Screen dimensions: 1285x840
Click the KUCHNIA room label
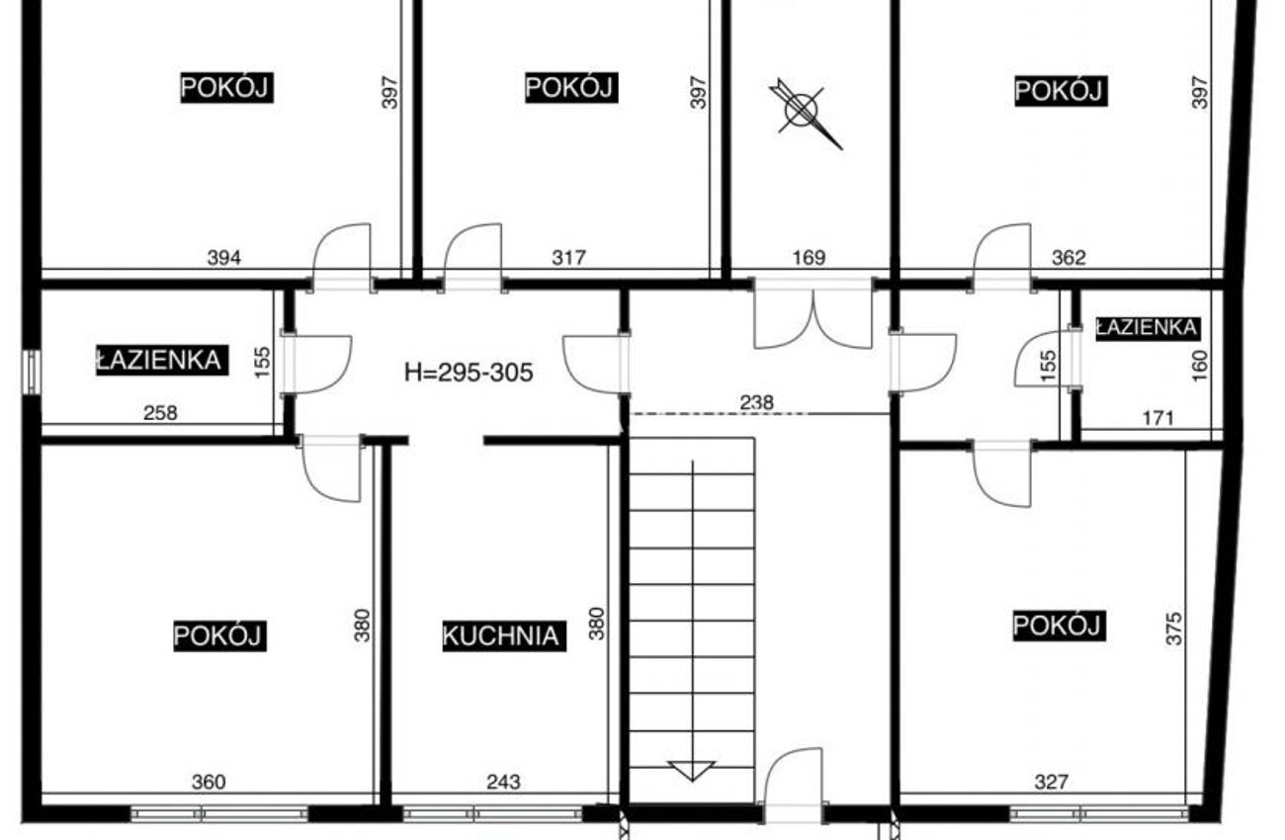coord(504,635)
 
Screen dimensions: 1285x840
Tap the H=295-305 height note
coord(469,373)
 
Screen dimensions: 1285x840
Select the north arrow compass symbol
coord(805,113)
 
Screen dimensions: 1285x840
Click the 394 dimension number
coord(223,258)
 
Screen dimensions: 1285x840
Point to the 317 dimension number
coord(568,258)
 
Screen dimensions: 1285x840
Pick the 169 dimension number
coord(809,258)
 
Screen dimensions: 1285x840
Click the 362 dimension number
coord(1069,258)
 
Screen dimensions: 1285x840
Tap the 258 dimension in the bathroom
coord(160,413)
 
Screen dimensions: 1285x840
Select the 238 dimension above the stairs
coord(756,402)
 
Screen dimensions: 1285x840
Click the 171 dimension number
coord(1158,418)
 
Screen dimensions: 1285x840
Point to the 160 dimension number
coord(1199,366)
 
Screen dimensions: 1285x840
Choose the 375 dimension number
coord(1174,629)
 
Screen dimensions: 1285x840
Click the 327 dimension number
coord(1051,782)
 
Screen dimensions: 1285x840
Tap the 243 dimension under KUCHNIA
coord(504,782)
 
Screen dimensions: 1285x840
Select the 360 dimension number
coord(209,782)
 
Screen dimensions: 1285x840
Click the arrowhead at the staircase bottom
coord(692,771)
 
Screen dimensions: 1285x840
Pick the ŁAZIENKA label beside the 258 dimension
coord(162,360)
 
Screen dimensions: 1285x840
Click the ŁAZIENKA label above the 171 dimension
coord(1147,328)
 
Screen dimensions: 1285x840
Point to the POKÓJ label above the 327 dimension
coord(1059,625)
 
